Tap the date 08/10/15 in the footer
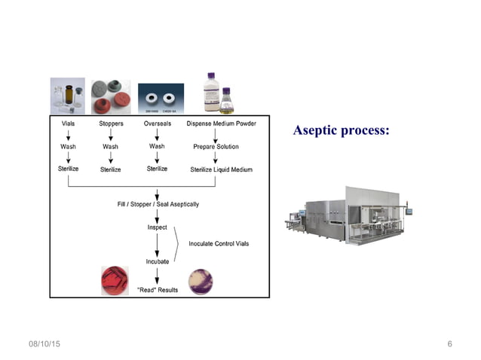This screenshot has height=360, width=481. tap(44, 344)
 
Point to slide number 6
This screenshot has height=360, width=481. tap(449, 344)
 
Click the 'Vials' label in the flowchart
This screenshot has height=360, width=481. tap(68, 123)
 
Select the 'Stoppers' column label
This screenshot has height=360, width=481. tap(112, 123)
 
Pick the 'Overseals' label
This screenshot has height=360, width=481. tap(158, 123)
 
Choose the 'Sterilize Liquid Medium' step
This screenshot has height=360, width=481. tap(222, 170)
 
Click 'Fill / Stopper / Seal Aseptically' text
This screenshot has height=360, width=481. tap(158, 203)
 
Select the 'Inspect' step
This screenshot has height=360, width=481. tap(158, 227)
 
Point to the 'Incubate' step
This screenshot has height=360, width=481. tap(158, 261)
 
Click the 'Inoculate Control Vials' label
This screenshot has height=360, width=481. tap(220, 243)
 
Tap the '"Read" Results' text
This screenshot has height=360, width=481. tap(158, 290)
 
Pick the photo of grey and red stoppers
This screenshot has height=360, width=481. tap(111, 97)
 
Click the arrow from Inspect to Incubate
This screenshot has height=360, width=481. tap(158, 244)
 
